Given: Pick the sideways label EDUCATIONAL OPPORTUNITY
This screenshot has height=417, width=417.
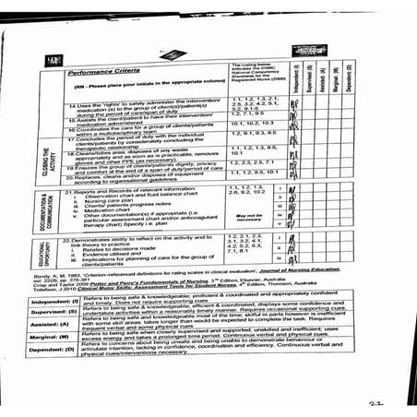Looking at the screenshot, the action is click(x=45, y=256).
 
